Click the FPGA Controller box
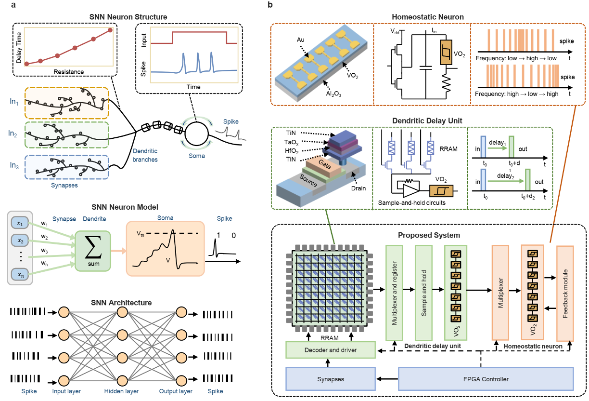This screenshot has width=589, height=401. click(486, 379)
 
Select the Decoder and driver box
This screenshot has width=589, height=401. click(331, 350)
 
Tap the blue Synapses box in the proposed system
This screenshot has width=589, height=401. click(331, 379)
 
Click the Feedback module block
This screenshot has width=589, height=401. click(565, 294)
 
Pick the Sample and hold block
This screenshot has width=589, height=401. click(423, 293)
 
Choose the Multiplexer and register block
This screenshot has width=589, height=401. click(394, 293)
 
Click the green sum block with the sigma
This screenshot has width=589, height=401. click(93, 251)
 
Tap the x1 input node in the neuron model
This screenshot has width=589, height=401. click(20, 223)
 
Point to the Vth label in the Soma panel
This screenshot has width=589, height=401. click(141, 234)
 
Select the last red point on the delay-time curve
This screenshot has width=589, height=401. click(110, 30)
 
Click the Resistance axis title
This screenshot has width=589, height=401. click(69, 72)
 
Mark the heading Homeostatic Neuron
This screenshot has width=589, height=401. click(427, 17)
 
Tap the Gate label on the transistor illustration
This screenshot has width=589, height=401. click(324, 164)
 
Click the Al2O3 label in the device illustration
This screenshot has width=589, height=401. click(333, 94)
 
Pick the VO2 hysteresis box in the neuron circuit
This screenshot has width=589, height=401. click(446, 53)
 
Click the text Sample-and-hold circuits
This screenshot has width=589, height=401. click(411, 203)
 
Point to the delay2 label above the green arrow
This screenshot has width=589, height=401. click(505, 176)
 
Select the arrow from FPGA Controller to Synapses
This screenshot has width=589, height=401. click(387, 379)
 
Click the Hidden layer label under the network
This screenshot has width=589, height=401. click(121, 391)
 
